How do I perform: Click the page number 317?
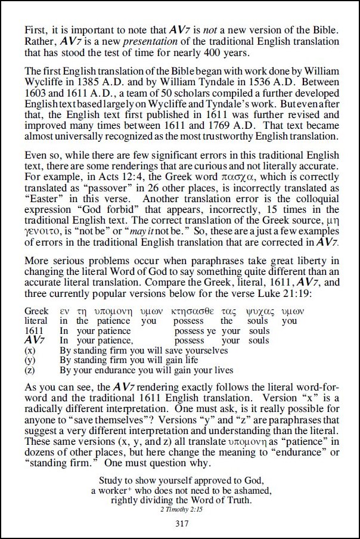182,525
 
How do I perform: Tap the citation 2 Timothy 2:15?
182,510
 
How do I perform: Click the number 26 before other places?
152,188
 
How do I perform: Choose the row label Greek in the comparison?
36,311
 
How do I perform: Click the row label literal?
37,321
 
